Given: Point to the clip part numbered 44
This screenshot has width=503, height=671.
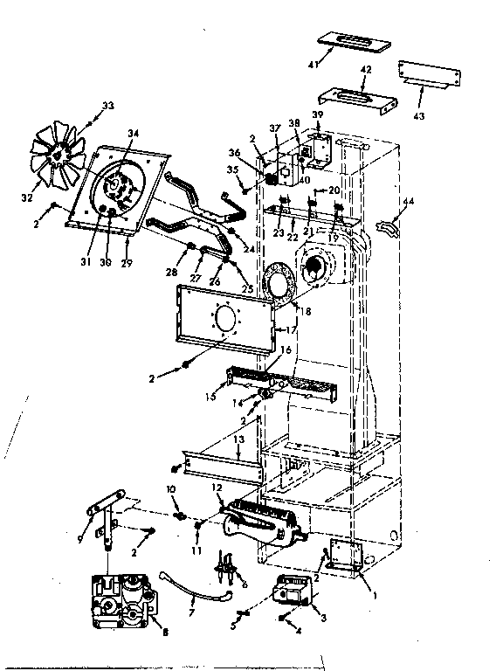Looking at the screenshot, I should (386, 228).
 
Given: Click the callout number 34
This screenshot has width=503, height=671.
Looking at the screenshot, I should (134, 133).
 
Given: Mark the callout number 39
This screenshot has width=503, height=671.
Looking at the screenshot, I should (318, 114).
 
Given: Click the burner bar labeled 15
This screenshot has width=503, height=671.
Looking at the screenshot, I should (262, 382).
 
